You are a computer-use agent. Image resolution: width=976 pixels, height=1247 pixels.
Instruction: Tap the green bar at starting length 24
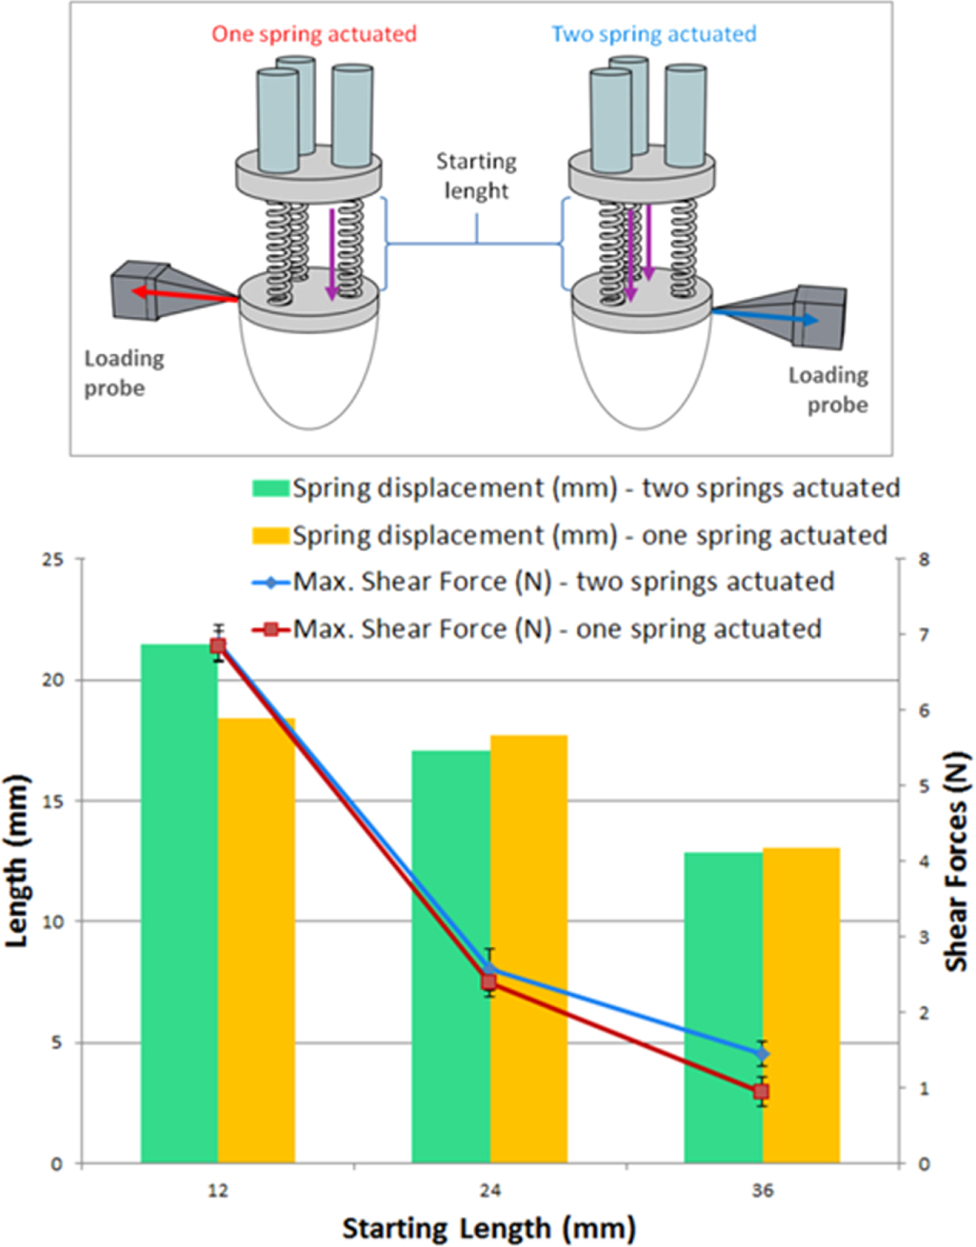(x=450, y=956)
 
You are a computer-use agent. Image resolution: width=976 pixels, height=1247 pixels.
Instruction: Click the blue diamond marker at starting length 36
(x=762, y=1054)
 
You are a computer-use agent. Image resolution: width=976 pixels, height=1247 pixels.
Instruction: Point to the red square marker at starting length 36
(x=761, y=1092)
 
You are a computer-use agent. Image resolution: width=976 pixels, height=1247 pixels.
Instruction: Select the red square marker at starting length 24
(x=488, y=982)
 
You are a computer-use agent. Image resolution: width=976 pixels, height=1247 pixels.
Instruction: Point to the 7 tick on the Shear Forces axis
(x=923, y=634)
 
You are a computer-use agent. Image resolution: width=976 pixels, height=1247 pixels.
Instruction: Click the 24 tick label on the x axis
(x=489, y=1191)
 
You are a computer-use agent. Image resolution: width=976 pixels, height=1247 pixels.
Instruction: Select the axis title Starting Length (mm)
(x=488, y=1228)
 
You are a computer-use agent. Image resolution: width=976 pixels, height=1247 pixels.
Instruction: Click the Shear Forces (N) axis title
(x=956, y=862)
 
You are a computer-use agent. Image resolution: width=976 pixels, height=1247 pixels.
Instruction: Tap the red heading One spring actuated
(x=313, y=34)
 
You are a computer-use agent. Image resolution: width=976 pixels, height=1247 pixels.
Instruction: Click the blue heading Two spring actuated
(x=653, y=34)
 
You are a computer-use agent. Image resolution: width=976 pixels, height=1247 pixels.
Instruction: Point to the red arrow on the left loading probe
(x=186, y=295)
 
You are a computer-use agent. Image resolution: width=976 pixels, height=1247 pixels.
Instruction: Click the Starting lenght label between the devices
(x=476, y=176)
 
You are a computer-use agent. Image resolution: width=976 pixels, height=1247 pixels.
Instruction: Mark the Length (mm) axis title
(x=18, y=861)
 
